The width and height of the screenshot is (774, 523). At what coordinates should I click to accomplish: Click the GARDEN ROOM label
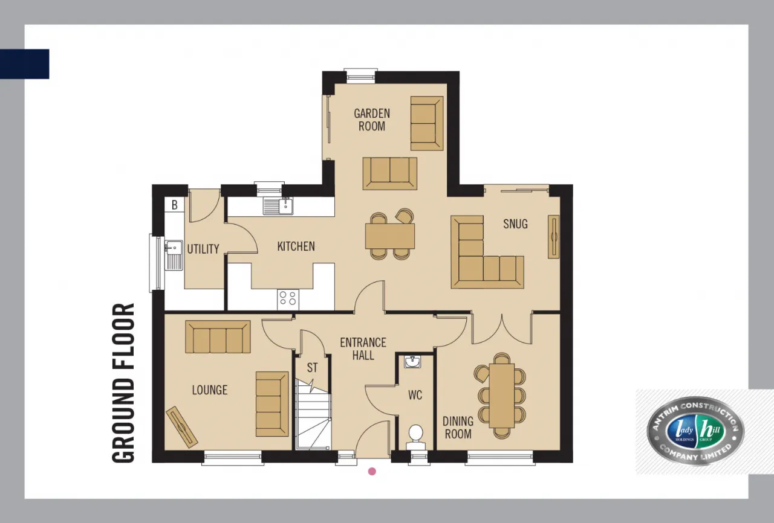coord(372,120)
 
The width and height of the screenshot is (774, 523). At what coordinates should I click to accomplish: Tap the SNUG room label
coord(515,224)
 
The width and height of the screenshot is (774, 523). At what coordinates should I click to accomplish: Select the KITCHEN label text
coord(296,246)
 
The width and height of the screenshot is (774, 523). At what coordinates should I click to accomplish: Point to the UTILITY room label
coord(203,249)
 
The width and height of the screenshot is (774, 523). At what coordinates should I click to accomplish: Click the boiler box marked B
coord(175,205)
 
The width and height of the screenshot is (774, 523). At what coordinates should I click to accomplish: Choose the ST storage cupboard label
coord(312,368)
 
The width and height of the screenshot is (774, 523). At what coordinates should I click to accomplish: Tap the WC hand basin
coord(412,362)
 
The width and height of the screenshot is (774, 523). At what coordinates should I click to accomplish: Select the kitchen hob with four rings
coord(288,299)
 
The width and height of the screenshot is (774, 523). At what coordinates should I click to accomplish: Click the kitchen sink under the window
coord(278,205)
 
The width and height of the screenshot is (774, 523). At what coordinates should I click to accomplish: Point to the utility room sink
coord(174,255)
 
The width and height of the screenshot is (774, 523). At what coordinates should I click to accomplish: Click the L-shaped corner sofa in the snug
coord(487,252)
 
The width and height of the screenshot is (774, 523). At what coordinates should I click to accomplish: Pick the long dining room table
coord(502,396)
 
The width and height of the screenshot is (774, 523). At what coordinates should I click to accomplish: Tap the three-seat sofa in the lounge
coord(218,337)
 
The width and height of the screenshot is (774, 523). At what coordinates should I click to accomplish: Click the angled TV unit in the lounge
coord(182,427)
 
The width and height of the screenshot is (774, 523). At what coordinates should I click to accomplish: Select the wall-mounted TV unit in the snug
coord(553,237)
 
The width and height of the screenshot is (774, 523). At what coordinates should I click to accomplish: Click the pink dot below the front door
coord(372,471)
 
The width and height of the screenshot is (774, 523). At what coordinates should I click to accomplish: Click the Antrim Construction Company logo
coord(695,431)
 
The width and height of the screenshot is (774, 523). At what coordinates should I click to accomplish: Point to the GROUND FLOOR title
coord(123,383)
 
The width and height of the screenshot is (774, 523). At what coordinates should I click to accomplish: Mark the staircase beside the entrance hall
coord(313,414)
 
